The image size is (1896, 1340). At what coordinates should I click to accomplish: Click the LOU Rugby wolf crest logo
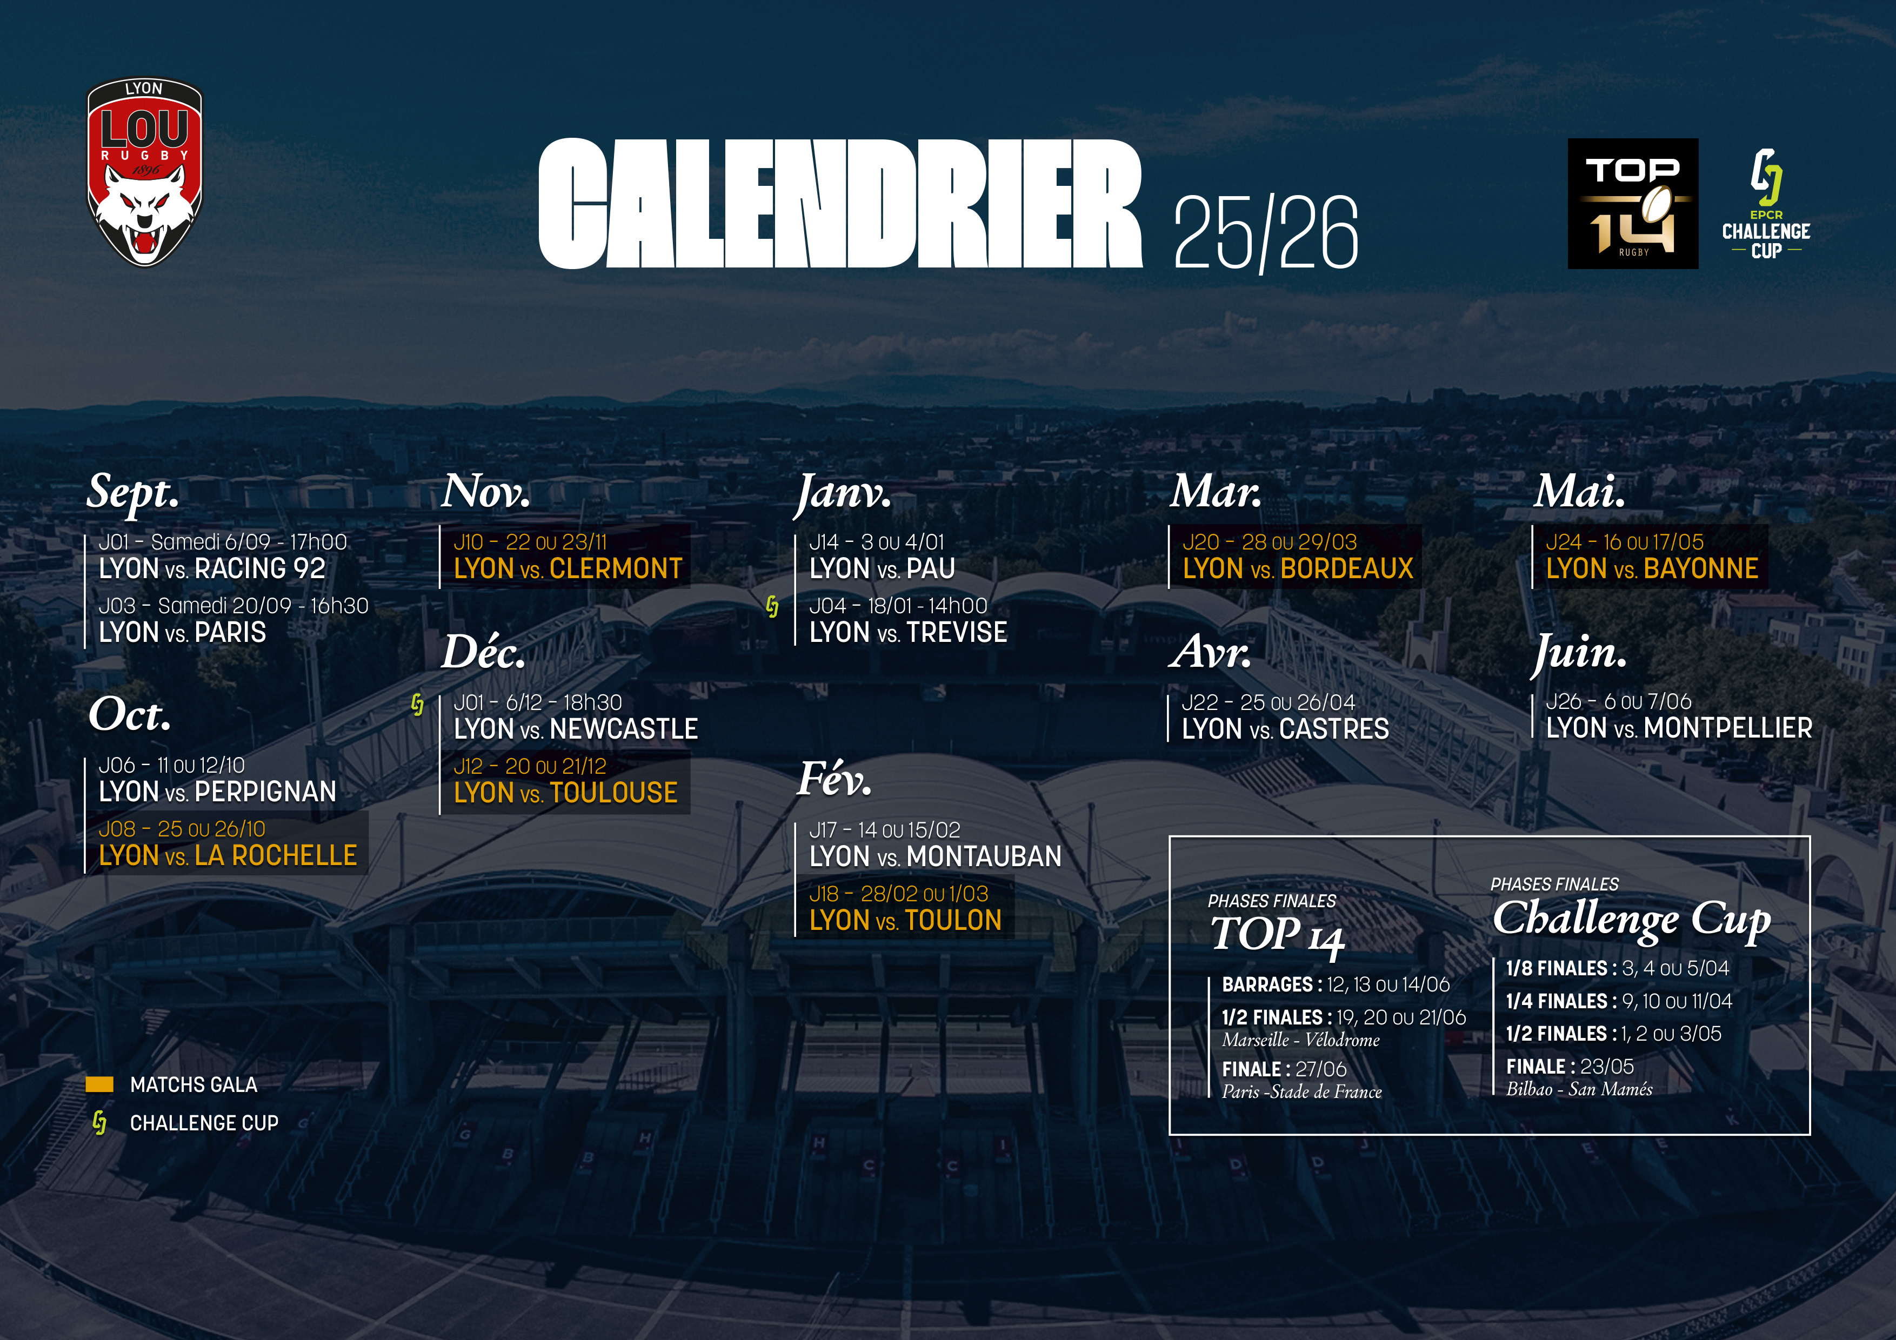tap(144, 172)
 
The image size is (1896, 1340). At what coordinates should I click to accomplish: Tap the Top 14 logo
tap(1633, 203)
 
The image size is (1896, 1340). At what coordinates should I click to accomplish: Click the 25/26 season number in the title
tap(1265, 233)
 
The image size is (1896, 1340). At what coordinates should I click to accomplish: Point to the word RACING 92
tap(260, 569)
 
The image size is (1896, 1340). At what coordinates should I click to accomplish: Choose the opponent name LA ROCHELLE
tap(276, 855)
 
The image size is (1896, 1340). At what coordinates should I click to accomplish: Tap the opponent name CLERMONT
tap(616, 569)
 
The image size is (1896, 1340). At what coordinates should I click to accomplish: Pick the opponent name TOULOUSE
tap(613, 793)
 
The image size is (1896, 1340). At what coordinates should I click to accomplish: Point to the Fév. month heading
tap(834, 779)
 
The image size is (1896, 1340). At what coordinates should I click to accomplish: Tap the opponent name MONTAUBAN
tap(984, 857)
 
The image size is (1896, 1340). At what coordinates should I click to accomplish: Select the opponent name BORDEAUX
tap(1347, 569)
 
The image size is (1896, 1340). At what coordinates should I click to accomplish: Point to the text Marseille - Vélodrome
tap(1300, 1040)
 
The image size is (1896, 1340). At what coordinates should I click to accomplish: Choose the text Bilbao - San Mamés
tap(1579, 1089)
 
